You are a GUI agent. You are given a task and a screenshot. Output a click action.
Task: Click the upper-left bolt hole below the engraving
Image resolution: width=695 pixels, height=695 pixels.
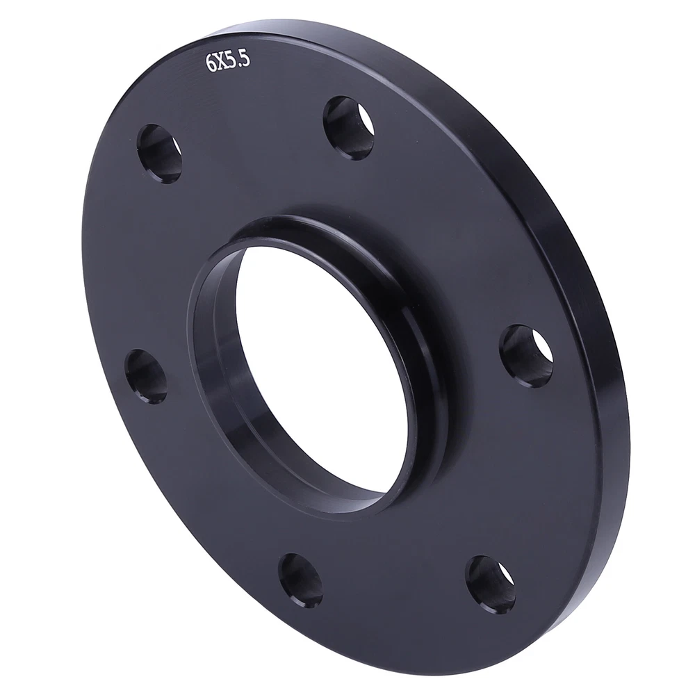(160, 154)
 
